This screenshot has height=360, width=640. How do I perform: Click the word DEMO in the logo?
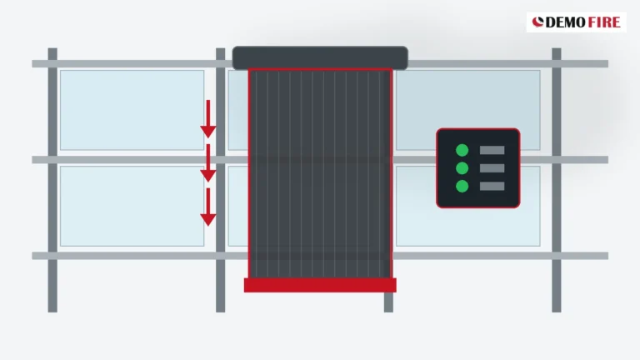click(x=565, y=22)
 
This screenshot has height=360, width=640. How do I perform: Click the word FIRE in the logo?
click(x=604, y=22)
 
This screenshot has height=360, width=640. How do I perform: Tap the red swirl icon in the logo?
click(x=538, y=22)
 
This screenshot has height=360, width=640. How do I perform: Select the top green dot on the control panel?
click(x=462, y=150)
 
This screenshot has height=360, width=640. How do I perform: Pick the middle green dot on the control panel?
click(x=462, y=168)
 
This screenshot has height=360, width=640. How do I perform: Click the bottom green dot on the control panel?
click(x=462, y=186)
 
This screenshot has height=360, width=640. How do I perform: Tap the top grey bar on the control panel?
click(x=492, y=150)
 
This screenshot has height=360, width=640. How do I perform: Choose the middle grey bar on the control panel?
click(x=492, y=168)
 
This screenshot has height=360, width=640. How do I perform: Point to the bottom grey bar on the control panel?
click(x=492, y=186)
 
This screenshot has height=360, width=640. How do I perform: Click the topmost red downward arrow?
click(x=208, y=119)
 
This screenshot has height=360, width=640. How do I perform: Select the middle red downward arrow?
click(x=208, y=162)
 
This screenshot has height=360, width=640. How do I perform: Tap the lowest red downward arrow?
click(x=208, y=207)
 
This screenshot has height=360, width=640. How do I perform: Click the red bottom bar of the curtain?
click(x=320, y=285)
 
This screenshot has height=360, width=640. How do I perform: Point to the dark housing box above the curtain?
click(x=320, y=57)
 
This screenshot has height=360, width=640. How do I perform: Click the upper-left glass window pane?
click(x=132, y=110)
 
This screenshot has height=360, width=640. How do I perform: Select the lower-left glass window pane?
click(x=132, y=206)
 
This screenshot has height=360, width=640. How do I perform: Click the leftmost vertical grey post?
click(x=52, y=180)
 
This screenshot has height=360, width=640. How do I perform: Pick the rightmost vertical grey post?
click(x=557, y=180)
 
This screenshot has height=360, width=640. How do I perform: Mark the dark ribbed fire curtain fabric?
click(x=320, y=173)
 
